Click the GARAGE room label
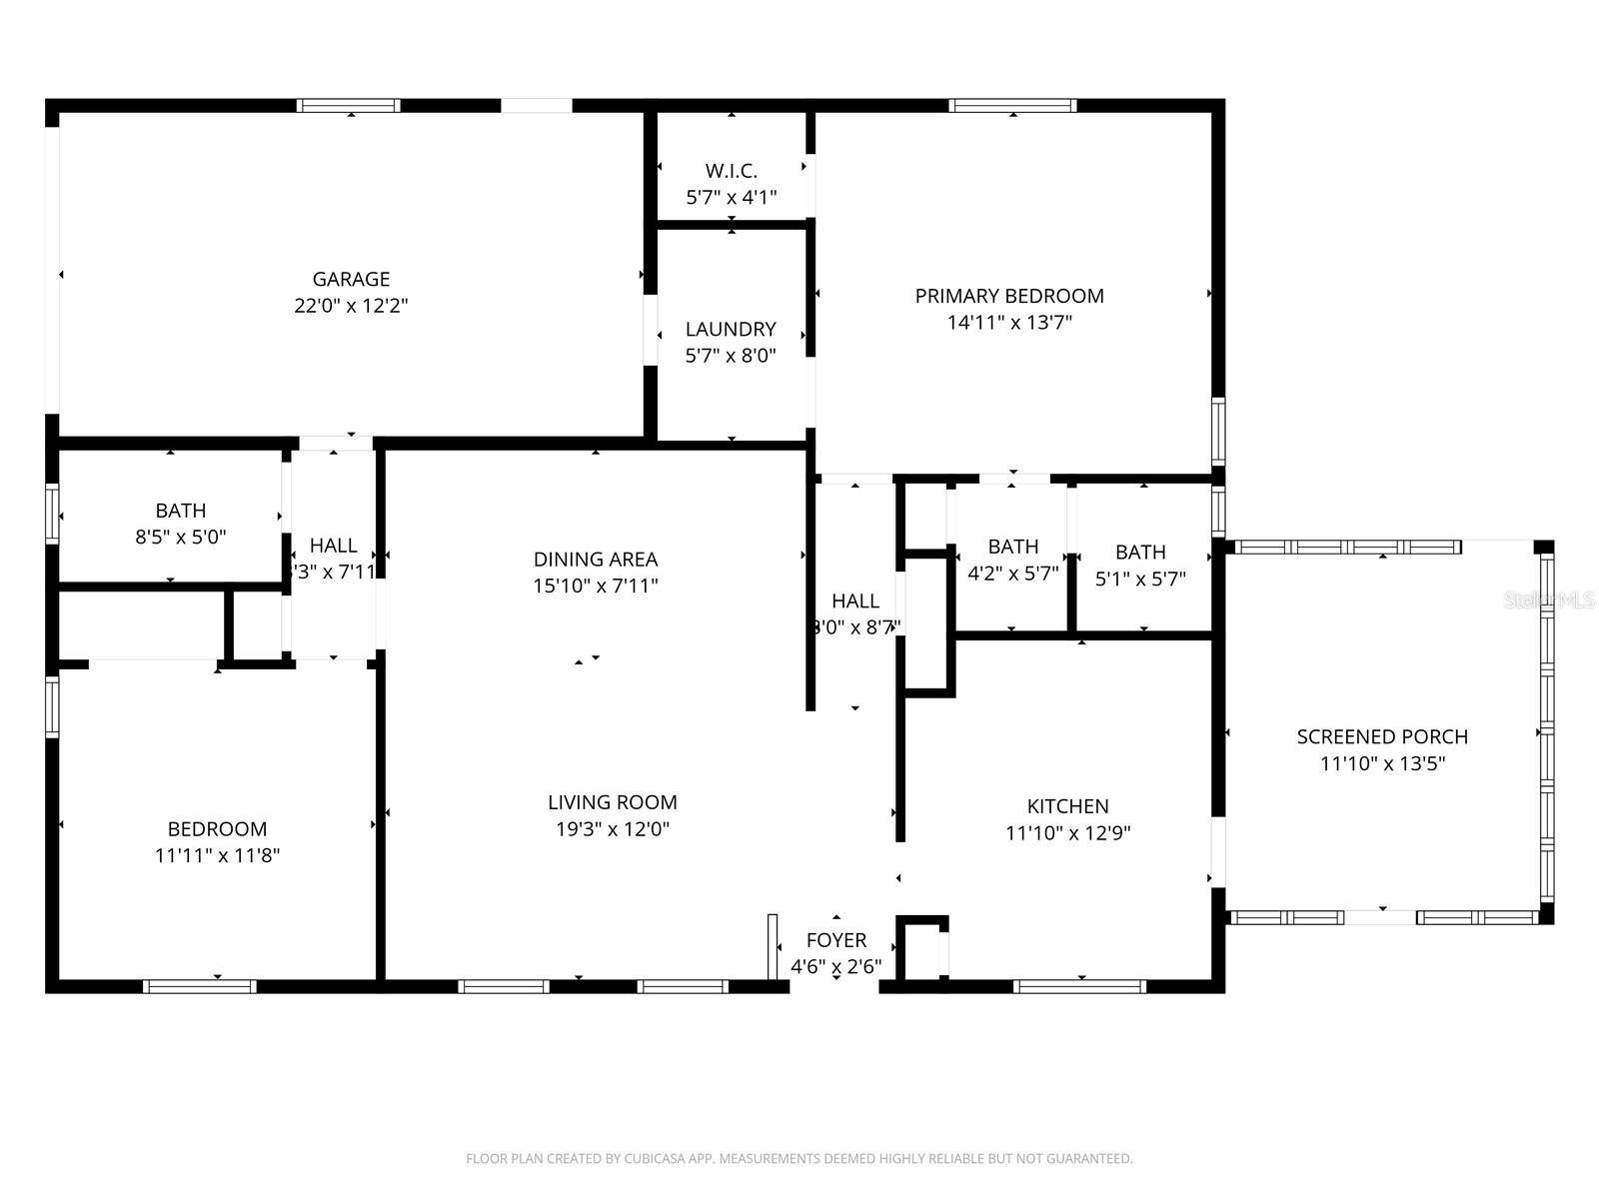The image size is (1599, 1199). (x=351, y=280)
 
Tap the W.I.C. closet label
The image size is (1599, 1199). (x=732, y=171)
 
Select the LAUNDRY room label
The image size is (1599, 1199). (x=731, y=329)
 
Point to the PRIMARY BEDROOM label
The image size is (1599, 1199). (x=1009, y=296)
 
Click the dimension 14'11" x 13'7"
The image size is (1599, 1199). (x=1009, y=323)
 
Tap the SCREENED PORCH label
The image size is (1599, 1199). (x=1382, y=737)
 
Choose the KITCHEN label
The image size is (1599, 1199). (x=1067, y=806)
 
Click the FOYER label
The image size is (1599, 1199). (x=836, y=940)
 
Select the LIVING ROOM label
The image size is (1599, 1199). (x=612, y=802)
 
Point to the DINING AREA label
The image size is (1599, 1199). (x=596, y=560)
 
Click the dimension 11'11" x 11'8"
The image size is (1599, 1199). (x=217, y=855)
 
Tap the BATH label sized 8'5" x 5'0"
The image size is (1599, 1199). (x=181, y=511)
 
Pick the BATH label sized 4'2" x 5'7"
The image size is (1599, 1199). (x=1013, y=547)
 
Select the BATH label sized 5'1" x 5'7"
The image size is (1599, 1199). (x=1140, y=552)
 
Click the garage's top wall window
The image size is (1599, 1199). (x=349, y=106)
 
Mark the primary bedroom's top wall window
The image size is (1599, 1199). (x=1012, y=106)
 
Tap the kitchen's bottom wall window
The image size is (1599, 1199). (x=1079, y=987)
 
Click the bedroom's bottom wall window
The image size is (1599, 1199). (x=200, y=987)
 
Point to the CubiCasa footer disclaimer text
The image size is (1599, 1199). (x=799, y=1159)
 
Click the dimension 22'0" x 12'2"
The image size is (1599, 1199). (x=351, y=306)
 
